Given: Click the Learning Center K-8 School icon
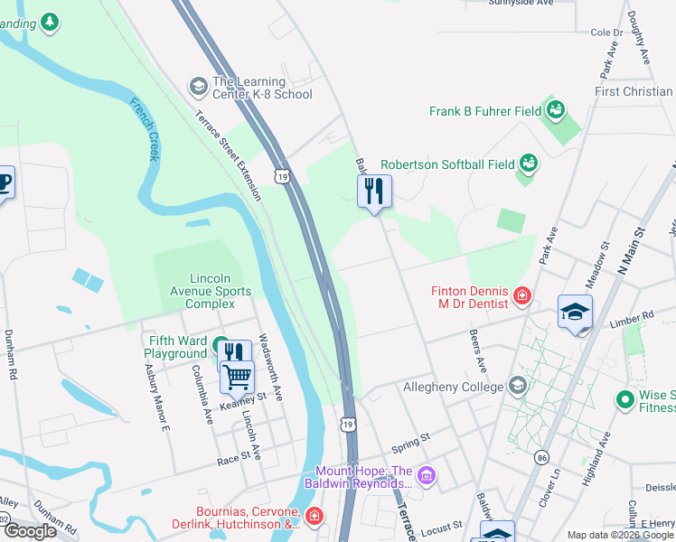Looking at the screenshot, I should (197, 87).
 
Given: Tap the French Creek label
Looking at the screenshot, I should (146, 130).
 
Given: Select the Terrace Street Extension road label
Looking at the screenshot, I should (229, 154).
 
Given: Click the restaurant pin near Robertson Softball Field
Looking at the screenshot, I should (374, 192).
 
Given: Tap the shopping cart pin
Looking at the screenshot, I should (237, 375).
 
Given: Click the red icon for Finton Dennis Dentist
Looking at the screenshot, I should (521, 295).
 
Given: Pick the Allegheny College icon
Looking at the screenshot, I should (517, 387).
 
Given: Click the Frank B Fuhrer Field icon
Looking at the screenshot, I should (555, 112).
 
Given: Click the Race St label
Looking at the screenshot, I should (233, 460).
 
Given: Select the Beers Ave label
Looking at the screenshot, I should (478, 350).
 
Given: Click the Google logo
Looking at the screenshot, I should (31, 530).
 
